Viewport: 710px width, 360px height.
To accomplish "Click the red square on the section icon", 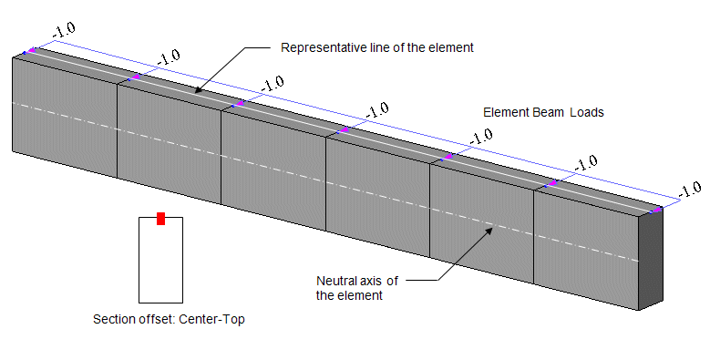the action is point(160,218).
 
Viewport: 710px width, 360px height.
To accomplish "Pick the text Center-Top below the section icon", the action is point(212,319).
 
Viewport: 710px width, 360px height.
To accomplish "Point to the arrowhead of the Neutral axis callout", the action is point(489,230).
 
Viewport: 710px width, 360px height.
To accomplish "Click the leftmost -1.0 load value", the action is point(64,30).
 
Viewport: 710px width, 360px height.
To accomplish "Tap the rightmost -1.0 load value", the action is point(690,190).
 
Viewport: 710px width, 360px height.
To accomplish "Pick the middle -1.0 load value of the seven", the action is point(377,110).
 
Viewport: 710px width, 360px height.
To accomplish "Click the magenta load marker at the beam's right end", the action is point(656,210).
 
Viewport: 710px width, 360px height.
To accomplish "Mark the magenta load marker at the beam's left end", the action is point(30,50).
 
